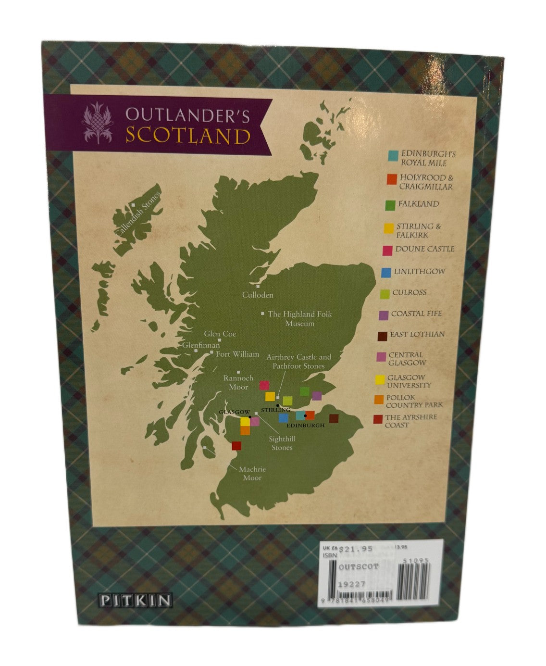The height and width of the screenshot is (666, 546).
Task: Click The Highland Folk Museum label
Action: pos(299,318)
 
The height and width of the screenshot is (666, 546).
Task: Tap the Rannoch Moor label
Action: pos(236,382)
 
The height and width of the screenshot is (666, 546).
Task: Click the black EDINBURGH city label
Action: pos(305,425)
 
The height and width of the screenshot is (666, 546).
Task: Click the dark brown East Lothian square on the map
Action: pos(334,419)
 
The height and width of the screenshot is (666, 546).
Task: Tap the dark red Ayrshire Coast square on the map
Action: pos(236,446)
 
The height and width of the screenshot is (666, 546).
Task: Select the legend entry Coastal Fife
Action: pos(416,314)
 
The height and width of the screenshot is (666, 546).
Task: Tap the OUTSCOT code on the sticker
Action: pos(358,566)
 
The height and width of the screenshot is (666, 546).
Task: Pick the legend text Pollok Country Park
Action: pos(415,401)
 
